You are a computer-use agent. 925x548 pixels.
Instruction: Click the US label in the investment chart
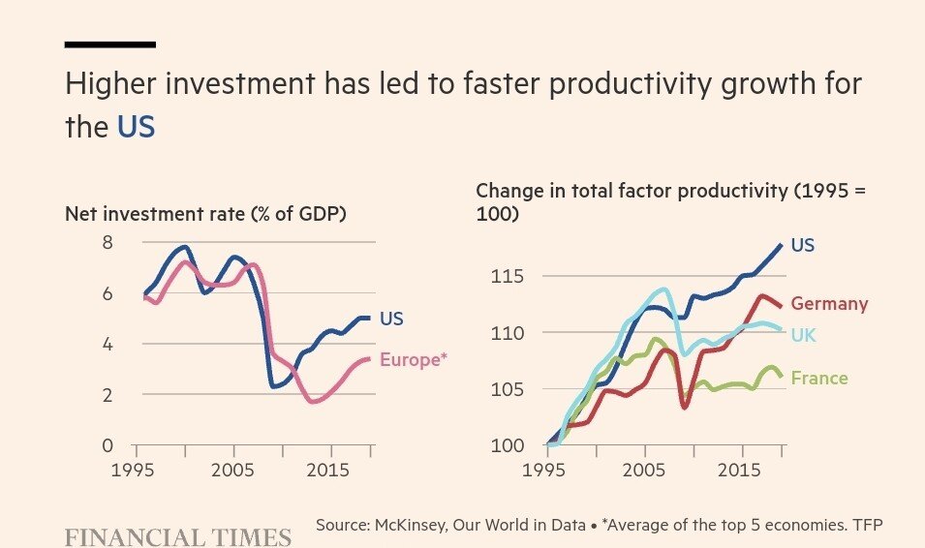coord(391,319)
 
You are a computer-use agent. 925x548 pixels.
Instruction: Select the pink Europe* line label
coord(414,360)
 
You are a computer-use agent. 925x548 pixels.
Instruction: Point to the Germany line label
coord(829,304)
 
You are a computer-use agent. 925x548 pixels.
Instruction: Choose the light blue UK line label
coord(803,334)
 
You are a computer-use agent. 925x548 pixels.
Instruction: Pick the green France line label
coord(818,379)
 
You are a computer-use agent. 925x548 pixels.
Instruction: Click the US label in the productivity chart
coord(803,246)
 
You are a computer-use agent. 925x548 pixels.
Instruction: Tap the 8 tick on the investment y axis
coord(107,243)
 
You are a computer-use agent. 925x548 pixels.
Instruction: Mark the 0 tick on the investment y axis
coord(107,446)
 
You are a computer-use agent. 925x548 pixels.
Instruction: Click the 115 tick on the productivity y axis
coord(506,278)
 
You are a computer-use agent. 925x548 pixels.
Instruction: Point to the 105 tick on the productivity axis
coord(506,390)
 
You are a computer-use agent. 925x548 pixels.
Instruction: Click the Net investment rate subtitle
coord(205,213)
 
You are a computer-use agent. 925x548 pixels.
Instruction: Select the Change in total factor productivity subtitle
coord(670,191)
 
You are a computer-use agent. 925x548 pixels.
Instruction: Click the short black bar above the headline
coord(109,45)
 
